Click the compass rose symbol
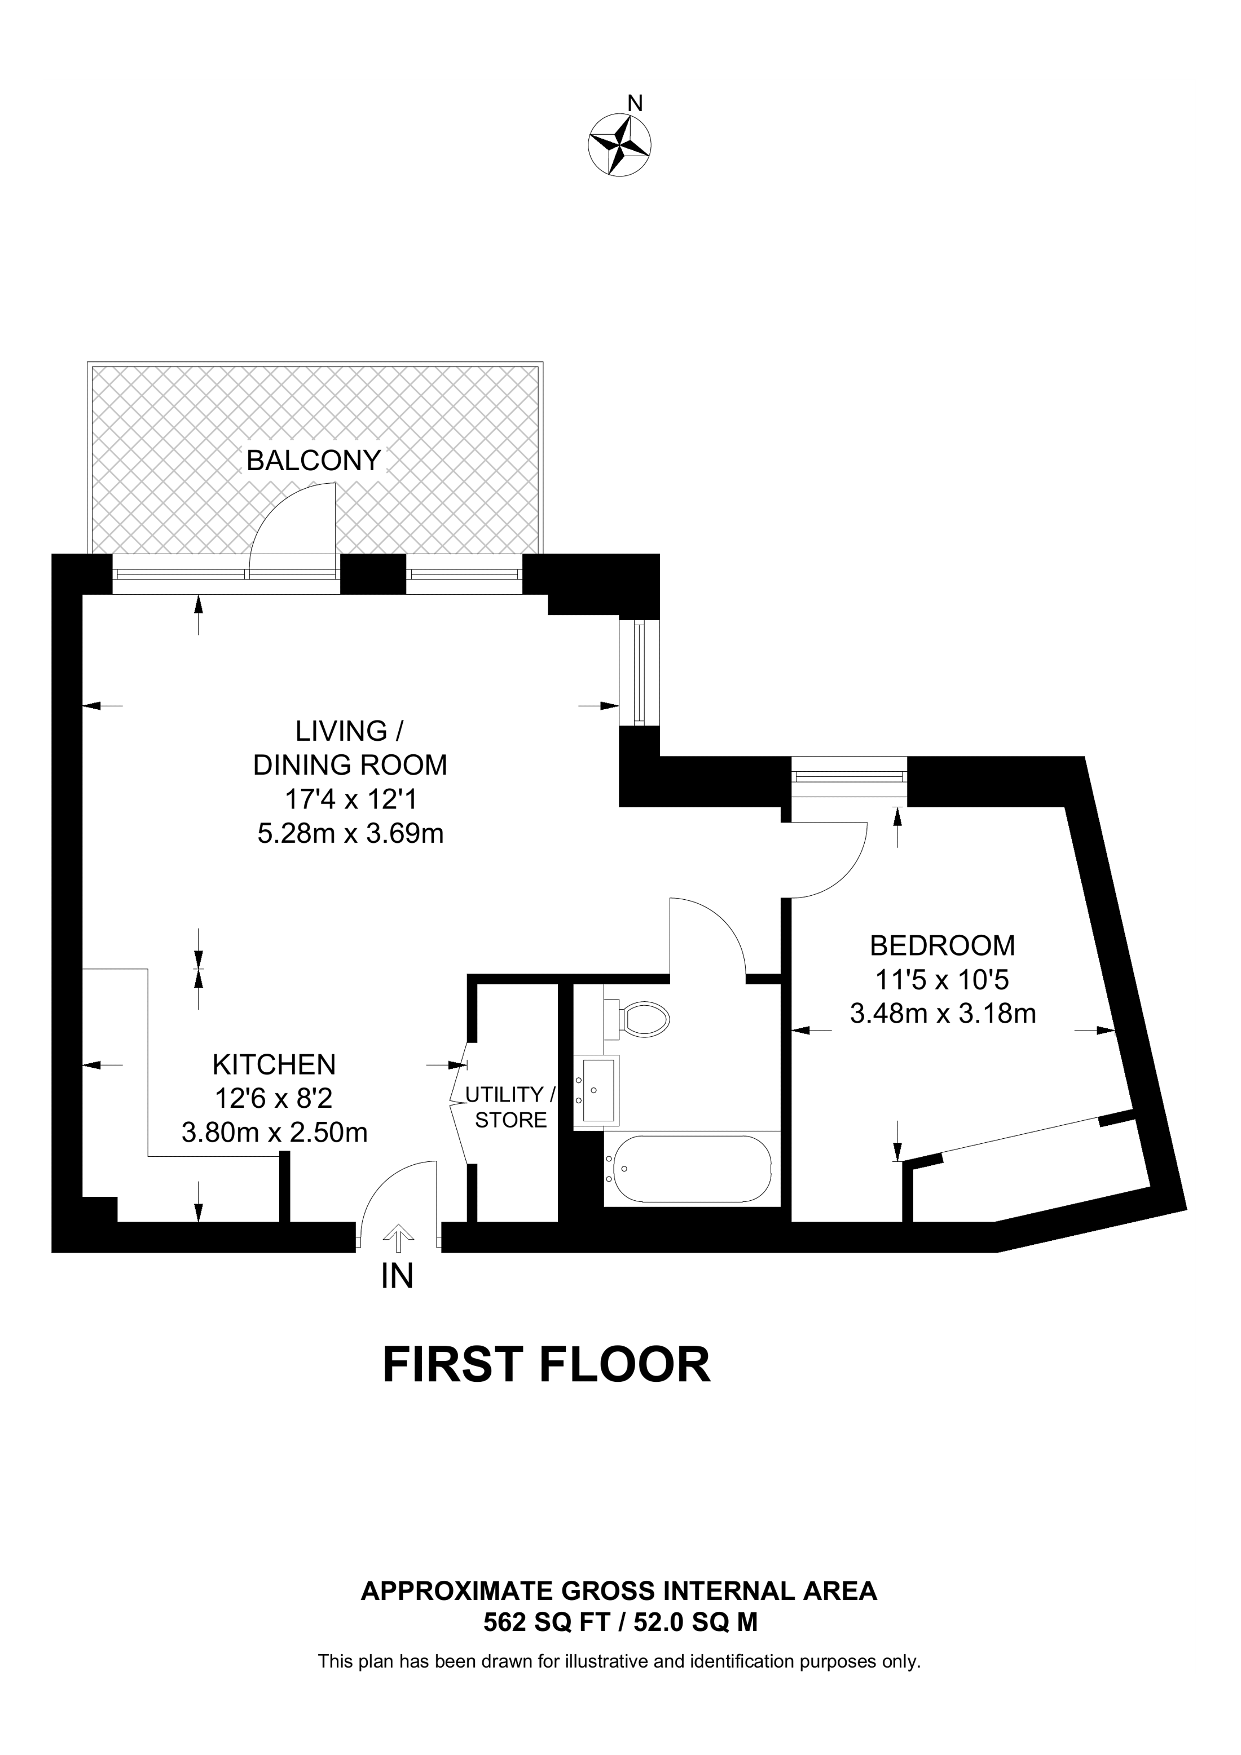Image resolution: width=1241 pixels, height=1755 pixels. tap(619, 144)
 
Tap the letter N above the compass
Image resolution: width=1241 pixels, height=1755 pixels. tap(634, 103)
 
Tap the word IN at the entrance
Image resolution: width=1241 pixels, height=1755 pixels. tap(397, 1275)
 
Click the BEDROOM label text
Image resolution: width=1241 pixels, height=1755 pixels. tap(942, 945)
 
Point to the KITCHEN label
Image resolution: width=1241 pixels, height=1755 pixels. tap(274, 1064)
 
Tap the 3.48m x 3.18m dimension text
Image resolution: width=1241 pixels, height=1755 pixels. tap(943, 1014)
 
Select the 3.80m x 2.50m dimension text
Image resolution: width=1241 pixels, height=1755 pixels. tap(275, 1132)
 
